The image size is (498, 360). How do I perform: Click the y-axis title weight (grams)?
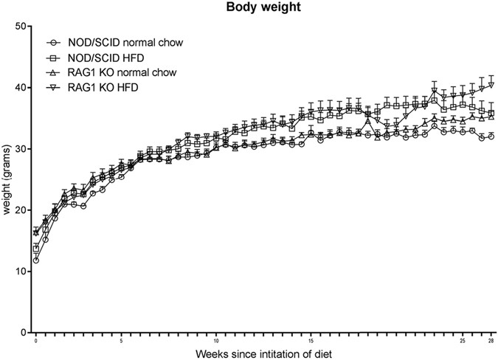(8, 179)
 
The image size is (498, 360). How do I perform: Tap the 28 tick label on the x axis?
(491, 341)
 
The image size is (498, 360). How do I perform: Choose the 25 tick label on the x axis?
(463, 341)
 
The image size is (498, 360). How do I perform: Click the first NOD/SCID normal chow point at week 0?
(35, 260)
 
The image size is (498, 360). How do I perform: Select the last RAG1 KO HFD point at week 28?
(491, 85)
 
